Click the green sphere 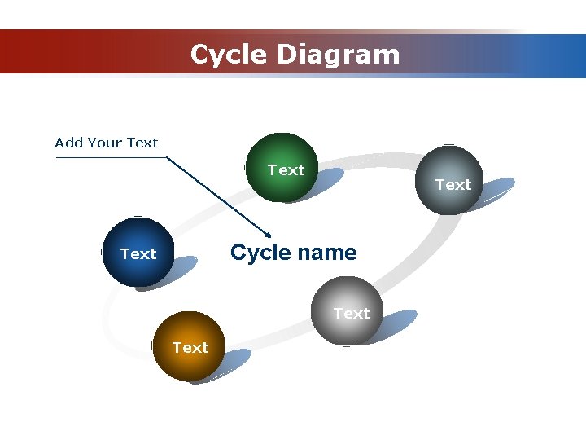coord(281,167)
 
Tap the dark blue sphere coord(138,253)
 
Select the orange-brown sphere coord(187,346)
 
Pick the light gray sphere coord(346,311)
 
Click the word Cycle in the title coord(229,55)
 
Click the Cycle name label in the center coord(293,253)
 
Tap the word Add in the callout coord(68,143)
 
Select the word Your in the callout coord(106,143)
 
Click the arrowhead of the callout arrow coord(269,233)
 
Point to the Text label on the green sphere coord(286,169)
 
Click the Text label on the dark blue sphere coord(138,254)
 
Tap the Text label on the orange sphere coord(190,348)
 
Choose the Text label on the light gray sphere coord(352,313)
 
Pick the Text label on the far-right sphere coord(453,185)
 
